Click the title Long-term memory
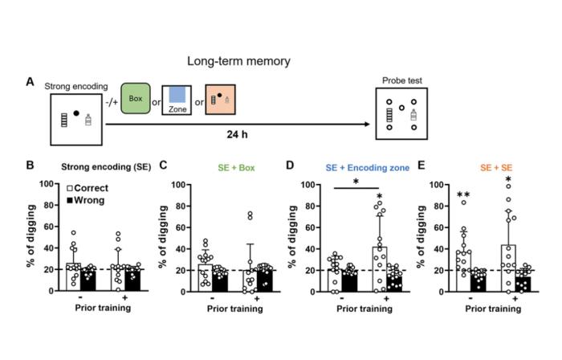(x=238, y=61)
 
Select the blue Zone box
(x=177, y=102)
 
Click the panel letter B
(x=30, y=166)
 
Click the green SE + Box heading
(x=208, y=166)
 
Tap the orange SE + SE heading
(x=483, y=166)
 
